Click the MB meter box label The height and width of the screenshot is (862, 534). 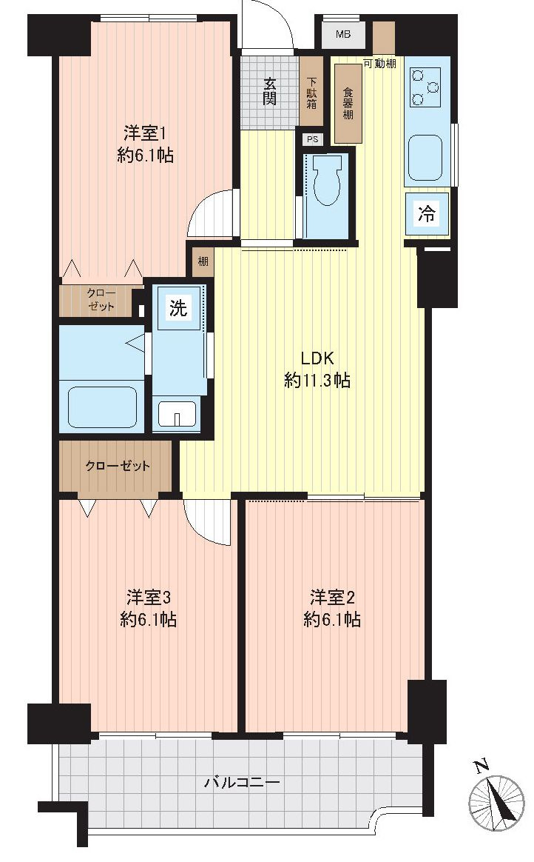[343, 34]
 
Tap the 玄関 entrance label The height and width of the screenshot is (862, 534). [270, 91]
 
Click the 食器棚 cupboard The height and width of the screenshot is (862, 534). [348, 104]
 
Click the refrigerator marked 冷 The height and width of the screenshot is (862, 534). [427, 214]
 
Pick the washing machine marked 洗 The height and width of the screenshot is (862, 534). [178, 308]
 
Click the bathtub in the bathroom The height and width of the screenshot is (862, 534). [102, 405]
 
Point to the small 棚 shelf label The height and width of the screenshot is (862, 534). [202, 261]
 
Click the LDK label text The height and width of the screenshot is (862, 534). [317, 356]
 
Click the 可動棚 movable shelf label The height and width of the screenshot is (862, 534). [379, 64]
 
